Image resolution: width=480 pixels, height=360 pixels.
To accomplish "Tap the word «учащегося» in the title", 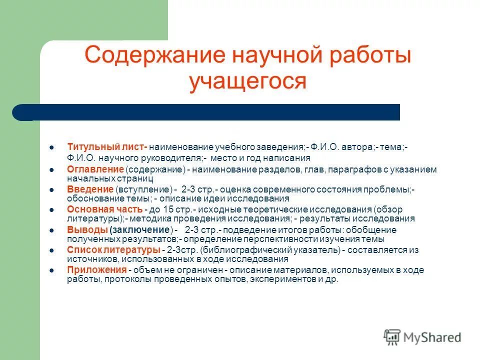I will pyautogui.click(x=247, y=80).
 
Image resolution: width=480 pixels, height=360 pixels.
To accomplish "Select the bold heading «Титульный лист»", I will pyautogui.click(x=106, y=147).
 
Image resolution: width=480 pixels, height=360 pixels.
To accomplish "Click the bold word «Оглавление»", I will pyautogui.click(x=95, y=169).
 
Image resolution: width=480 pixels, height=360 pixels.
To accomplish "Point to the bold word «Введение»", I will pyautogui.click(x=90, y=189).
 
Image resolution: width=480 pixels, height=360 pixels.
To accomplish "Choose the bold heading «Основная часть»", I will pyautogui.click(x=104, y=209).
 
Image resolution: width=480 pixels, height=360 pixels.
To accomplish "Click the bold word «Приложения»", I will pyautogui.click(x=96, y=270).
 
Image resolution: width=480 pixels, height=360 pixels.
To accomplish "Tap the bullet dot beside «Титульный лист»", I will pyautogui.click(x=52, y=148).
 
